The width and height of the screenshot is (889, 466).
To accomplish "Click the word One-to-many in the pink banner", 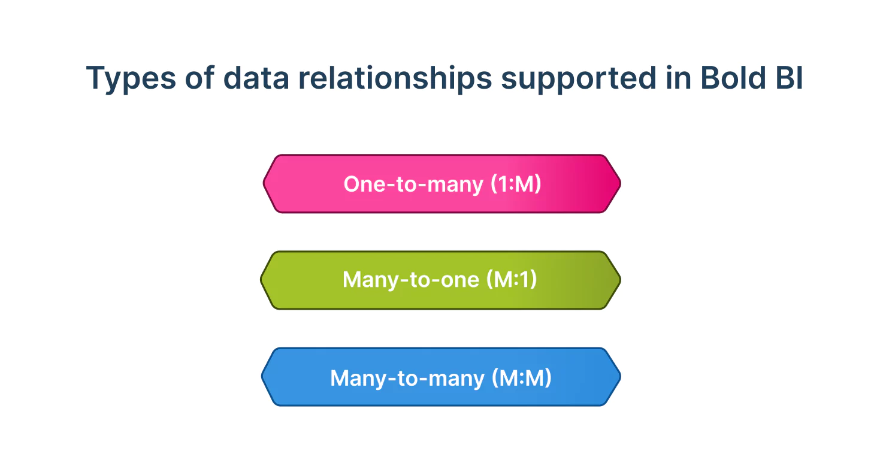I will [x=413, y=184].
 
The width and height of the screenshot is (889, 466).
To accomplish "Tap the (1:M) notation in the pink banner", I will [x=515, y=184].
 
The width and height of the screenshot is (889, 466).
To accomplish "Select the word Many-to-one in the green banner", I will [x=411, y=280].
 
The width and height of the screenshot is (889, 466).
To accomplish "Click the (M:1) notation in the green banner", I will [x=512, y=280].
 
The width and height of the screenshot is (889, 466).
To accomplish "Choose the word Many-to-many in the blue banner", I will [x=407, y=377].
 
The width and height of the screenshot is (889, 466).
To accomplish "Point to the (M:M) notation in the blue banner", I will [x=521, y=377].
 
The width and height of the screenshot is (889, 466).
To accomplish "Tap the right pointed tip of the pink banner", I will [x=619, y=184].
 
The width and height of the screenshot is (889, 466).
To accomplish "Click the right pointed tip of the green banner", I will [x=619, y=280].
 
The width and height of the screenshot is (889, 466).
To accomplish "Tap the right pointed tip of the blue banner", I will [x=619, y=377].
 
